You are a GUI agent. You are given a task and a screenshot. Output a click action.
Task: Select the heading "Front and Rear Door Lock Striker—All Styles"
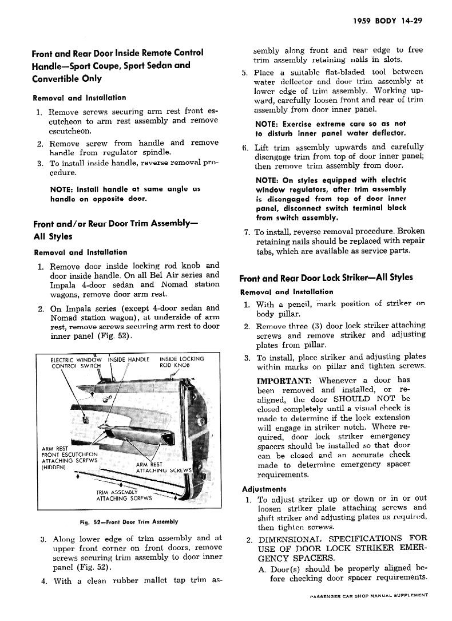(326, 278)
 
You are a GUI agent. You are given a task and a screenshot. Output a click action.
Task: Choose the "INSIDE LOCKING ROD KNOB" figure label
(181, 362)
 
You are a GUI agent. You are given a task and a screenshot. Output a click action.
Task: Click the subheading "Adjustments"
(264, 489)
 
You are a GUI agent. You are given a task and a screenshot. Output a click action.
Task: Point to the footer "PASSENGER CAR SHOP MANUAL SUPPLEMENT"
(369, 596)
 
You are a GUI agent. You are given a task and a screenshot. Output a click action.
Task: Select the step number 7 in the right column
(247, 232)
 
